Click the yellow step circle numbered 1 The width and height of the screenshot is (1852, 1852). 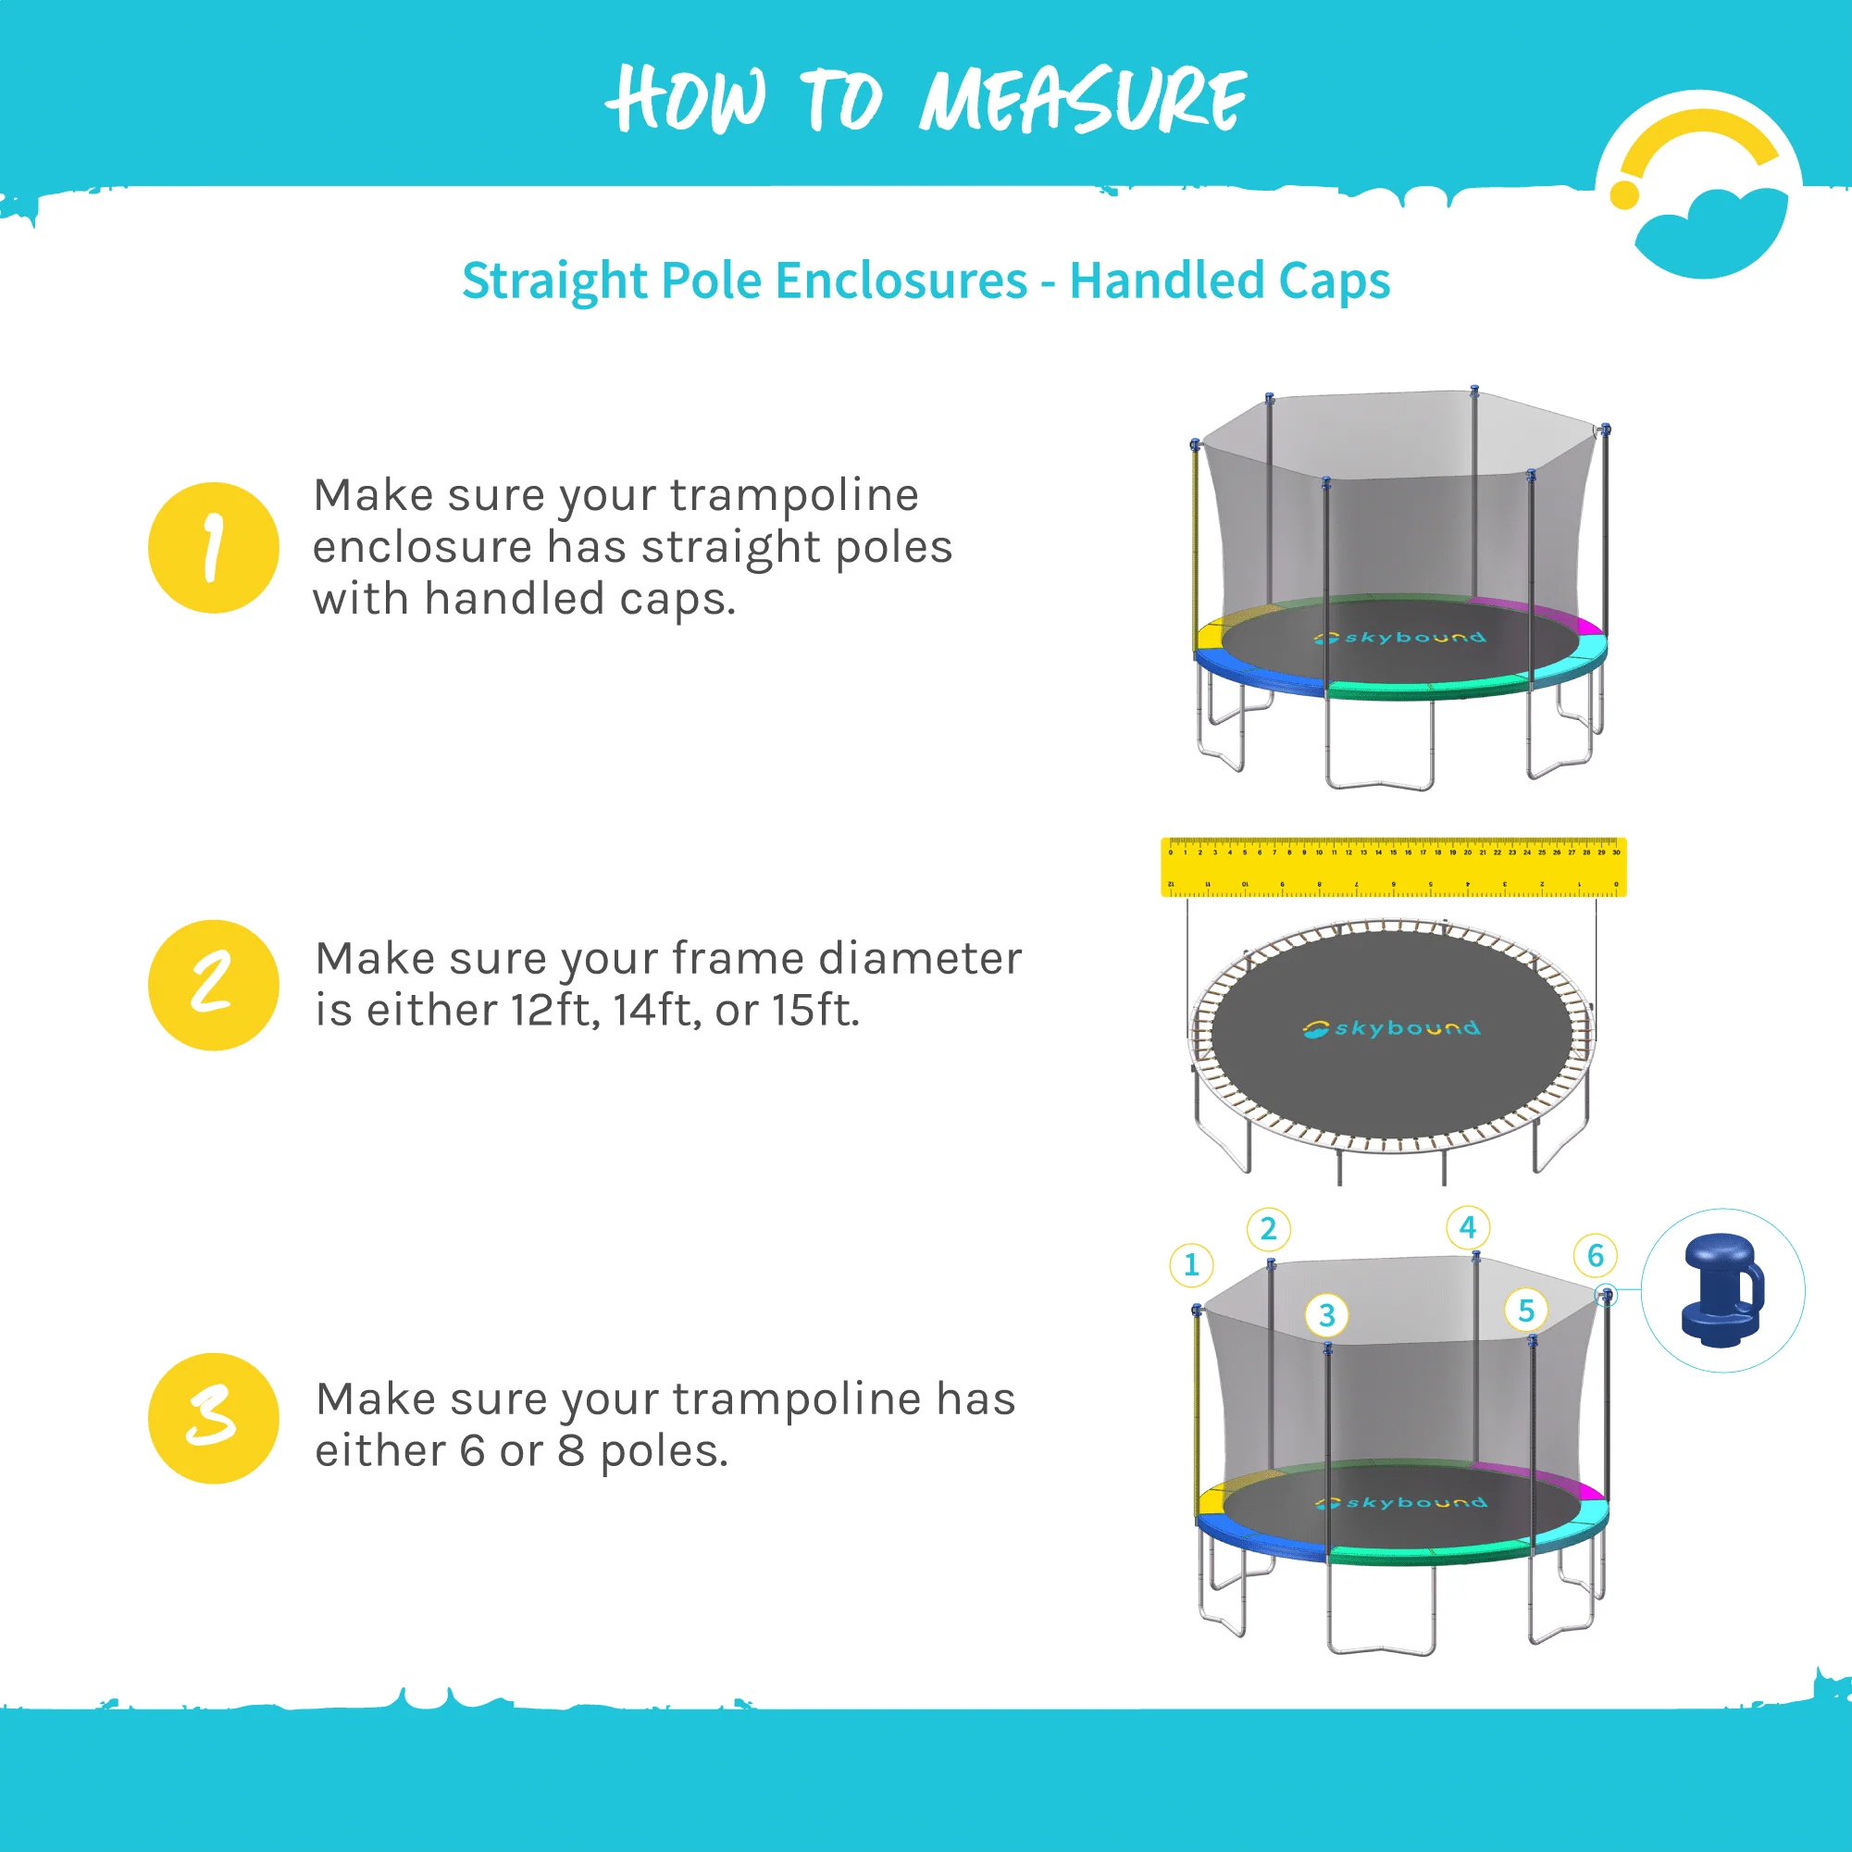[x=213, y=547]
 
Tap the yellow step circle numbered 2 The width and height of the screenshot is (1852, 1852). [x=213, y=986]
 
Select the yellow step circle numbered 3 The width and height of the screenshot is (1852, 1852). [x=213, y=1418]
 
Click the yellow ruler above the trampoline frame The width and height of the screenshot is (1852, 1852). [x=1393, y=867]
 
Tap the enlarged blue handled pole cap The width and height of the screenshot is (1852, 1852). [x=1722, y=1290]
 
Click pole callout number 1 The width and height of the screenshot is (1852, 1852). [x=1191, y=1264]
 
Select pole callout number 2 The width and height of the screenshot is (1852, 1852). [x=1268, y=1229]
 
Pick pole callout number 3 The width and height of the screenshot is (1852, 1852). [x=1326, y=1315]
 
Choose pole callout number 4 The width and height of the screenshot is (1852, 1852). [x=1468, y=1227]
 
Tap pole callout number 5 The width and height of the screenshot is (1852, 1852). [x=1526, y=1311]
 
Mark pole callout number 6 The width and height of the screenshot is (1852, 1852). [x=1595, y=1255]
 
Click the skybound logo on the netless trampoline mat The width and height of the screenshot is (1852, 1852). [x=1391, y=1028]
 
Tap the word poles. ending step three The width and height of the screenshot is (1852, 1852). [x=664, y=1451]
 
